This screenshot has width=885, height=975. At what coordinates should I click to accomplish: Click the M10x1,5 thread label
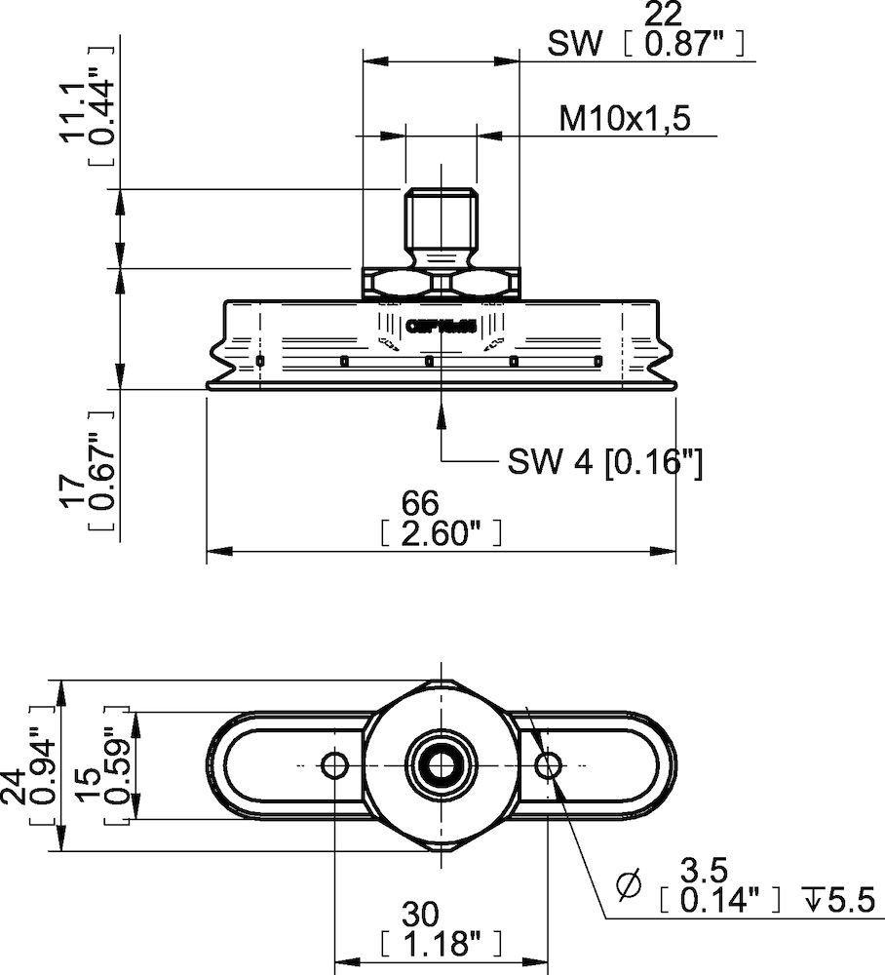click(x=624, y=119)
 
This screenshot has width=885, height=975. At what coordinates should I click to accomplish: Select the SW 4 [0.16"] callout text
click(x=604, y=461)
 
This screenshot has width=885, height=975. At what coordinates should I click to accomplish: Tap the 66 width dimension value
click(x=421, y=503)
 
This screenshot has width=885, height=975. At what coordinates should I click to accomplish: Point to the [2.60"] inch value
click(x=441, y=531)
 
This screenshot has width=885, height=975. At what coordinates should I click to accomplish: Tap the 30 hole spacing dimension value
click(x=421, y=915)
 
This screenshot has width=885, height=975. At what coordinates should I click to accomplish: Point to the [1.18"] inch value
click(x=441, y=943)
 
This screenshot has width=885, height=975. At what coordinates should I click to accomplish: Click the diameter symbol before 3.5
click(x=631, y=885)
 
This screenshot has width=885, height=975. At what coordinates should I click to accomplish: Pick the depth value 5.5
click(x=846, y=899)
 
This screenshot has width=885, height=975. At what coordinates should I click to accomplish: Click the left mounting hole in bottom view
click(x=334, y=763)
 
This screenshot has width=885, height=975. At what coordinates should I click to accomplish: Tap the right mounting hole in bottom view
click(x=548, y=763)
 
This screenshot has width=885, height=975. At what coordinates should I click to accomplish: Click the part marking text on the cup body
click(x=441, y=328)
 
